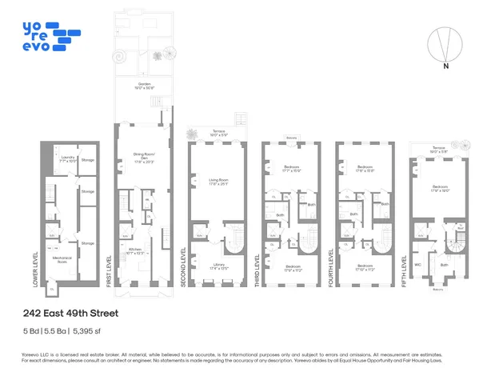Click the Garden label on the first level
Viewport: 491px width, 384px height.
click(144, 84)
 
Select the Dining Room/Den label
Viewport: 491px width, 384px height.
click(145, 157)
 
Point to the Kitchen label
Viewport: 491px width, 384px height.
click(135, 250)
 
